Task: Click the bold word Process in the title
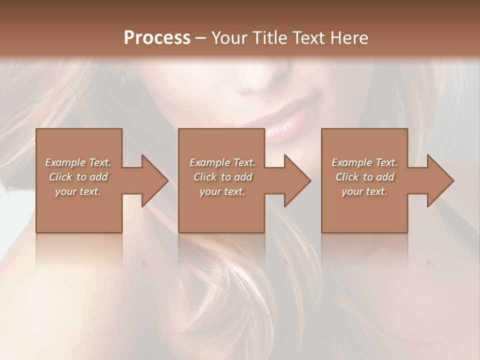(x=157, y=37)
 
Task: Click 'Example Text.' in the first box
(x=78, y=162)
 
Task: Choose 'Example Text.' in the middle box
(x=222, y=162)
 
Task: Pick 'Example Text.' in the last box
(x=364, y=162)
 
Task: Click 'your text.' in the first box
(x=78, y=191)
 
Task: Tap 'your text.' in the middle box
(x=222, y=191)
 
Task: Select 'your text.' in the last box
(x=364, y=191)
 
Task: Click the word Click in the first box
(x=60, y=177)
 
